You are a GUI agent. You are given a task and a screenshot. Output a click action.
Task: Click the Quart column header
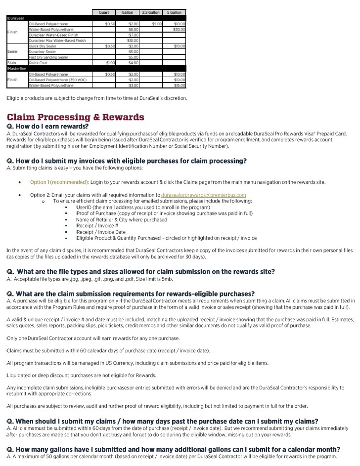pyautogui.click(x=104, y=12)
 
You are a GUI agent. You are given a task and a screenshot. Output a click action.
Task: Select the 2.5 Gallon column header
pyautogui.click(x=151, y=12)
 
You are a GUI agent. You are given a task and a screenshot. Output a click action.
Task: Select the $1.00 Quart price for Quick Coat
pyautogui.click(x=110, y=63)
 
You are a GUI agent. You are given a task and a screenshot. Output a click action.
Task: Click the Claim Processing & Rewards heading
pyautogui.click(x=75, y=117)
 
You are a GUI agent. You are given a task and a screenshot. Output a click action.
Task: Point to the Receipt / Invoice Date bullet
pyautogui.click(x=101, y=232)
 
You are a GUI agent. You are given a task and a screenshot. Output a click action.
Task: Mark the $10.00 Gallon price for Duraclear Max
pyautogui.click(x=133, y=41)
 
